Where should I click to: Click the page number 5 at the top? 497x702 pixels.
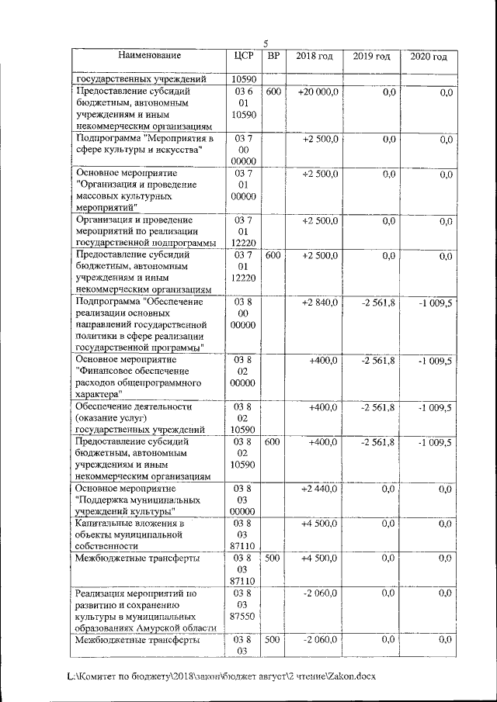point(266,43)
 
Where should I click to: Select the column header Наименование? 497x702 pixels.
point(150,56)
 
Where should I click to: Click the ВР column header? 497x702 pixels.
point(273,56)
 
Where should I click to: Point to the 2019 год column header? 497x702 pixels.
point(371,57)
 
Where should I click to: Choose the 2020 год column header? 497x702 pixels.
point(429,57)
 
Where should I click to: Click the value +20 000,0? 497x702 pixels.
point(317,92)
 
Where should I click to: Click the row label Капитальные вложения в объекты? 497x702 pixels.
point(128,534)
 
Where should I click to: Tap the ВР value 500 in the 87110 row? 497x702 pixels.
point(273,558)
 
